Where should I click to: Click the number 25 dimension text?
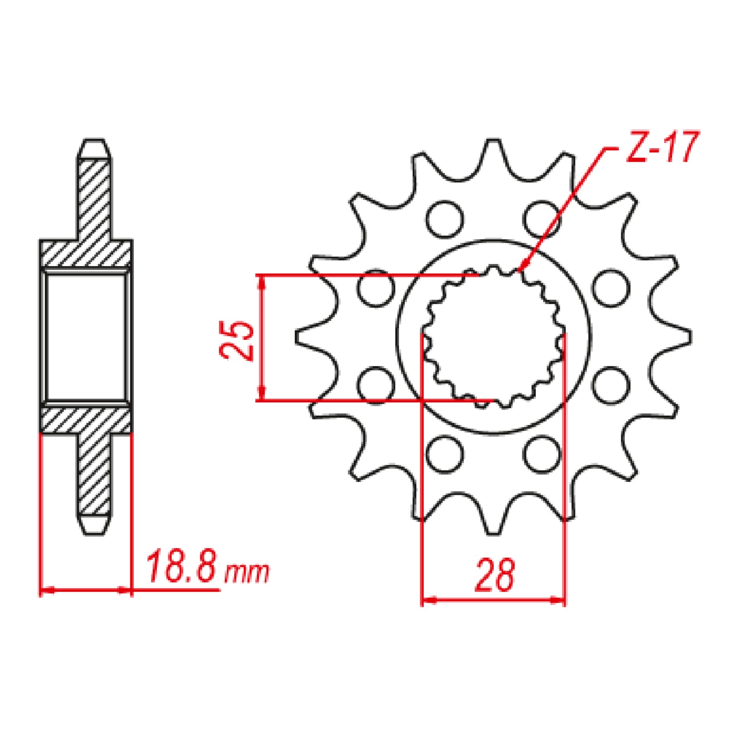click(x=236, y=340)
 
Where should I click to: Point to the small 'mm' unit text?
click(x=246, y=573)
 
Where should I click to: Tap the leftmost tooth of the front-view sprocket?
click(x=307, y=337)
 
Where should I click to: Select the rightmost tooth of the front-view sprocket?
click(x=680, y=337)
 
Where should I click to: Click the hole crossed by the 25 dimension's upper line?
click(x=376, y=288)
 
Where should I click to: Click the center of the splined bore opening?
click(x=493, y=337)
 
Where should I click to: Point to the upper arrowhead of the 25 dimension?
click(x=262, y=282)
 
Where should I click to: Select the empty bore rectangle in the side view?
click(x=86, y=337)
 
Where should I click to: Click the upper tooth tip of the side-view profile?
click(x=95, y=147)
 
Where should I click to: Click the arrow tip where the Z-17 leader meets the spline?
click(x=520, y=270)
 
